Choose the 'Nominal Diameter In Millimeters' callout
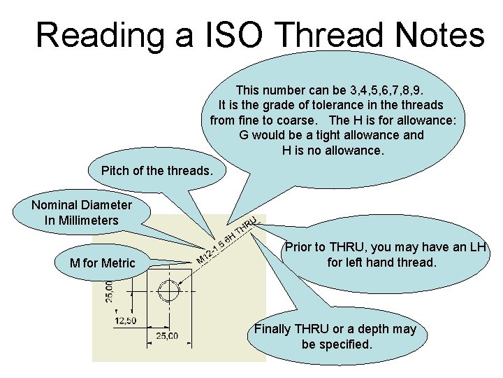pos(82,213)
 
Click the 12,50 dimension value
pos(126,320)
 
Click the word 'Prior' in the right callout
pos(299,248)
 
